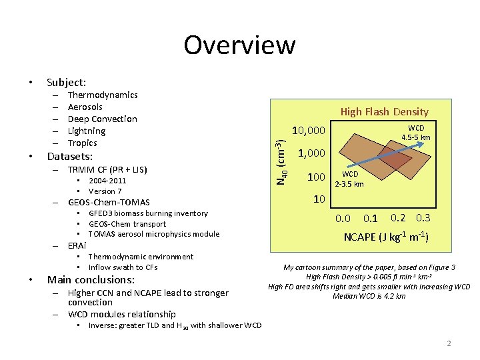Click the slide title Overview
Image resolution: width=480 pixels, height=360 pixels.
coord(239,45)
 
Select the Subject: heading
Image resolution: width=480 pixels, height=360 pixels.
coord(66,83)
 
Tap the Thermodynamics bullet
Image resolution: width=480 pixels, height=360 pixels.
coord(103,95)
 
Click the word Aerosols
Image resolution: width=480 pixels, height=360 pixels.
coord(85,107)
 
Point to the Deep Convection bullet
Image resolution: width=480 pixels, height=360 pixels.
coord(103,119)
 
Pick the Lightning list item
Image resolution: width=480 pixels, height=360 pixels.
coord(87,131)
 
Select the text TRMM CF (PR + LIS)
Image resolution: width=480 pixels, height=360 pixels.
coord(107,169)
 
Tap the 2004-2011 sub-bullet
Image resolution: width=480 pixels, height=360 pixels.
coord(107,181)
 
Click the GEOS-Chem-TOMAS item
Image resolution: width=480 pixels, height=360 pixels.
coord(109,202)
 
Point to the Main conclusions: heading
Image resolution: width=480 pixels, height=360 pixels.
coord(91,280)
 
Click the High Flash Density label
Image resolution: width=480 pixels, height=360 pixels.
coord(385,112)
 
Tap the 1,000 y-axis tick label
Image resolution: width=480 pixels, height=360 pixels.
coord(312,153)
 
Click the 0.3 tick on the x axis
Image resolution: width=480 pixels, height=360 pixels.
coord(423,217)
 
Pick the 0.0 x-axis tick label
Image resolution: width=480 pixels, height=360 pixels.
coord(343,219)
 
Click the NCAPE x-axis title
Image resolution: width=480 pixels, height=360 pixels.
coord(385,237)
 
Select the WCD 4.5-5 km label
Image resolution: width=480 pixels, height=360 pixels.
coord(416,133)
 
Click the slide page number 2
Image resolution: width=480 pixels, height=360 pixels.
coord(449,344)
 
